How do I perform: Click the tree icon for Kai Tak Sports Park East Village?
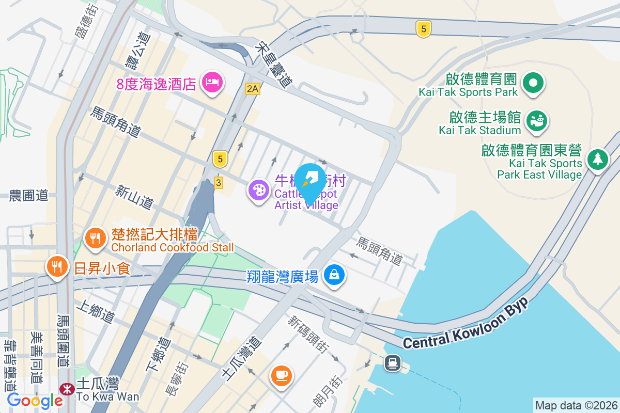[597, 158]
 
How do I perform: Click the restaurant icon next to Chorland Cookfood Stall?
[95, 238]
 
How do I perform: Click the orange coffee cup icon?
[281, 375]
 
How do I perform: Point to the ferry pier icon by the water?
[393, 363]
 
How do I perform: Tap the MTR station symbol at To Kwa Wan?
[66, 389]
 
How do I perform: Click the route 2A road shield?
[252, 89]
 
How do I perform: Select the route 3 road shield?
[219, 183]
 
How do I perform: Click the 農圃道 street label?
[28, 195]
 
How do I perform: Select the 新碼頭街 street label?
[308, 334]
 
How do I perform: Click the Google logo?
[35, 400]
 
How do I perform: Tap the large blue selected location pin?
[309, 181]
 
